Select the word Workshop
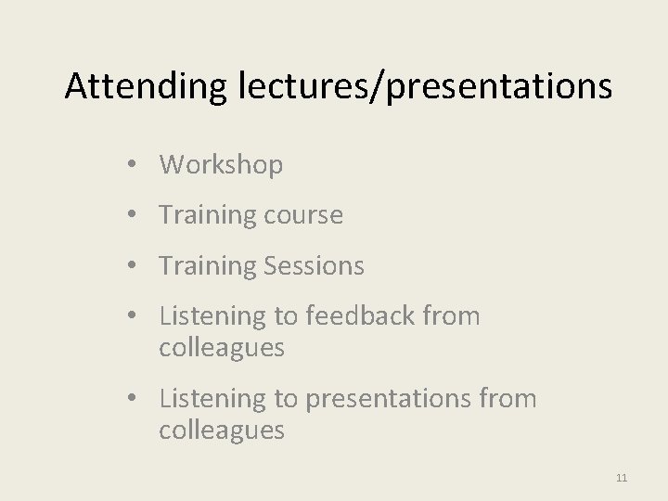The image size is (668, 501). [x=221, y=165]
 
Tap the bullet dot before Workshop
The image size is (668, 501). [x=135, y=165]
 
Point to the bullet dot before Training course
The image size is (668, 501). [x=135, y=215]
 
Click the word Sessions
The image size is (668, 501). [x=314, y=266]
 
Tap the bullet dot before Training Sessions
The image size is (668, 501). [x=135, y=266]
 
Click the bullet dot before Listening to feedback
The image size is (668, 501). [x=135, y=316]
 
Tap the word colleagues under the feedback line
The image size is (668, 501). [x=222, y=349]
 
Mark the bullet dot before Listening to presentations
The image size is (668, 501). [x=135, y=399]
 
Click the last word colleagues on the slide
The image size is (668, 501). [x=222, y=431]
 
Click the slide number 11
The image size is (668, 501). [x=622, y=478]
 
